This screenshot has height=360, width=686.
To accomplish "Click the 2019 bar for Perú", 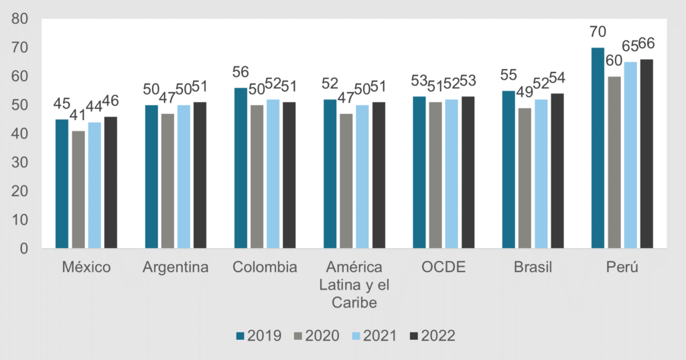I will click(598, 148).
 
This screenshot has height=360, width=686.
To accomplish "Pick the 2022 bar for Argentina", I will click(200, 175).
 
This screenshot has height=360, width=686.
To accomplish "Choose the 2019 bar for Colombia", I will click(241, 168).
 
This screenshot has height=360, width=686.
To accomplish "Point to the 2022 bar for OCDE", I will click(468, 172).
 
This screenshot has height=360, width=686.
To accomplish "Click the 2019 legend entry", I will click(259, 335).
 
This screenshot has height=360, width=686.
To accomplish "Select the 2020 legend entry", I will click(316, 335).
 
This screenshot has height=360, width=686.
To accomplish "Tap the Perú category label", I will click(622, 267).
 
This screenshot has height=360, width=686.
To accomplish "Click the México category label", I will click(86, 267).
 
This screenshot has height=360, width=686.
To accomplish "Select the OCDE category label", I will click(443, 267).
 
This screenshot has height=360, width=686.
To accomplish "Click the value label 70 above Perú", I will click(596, 32).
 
